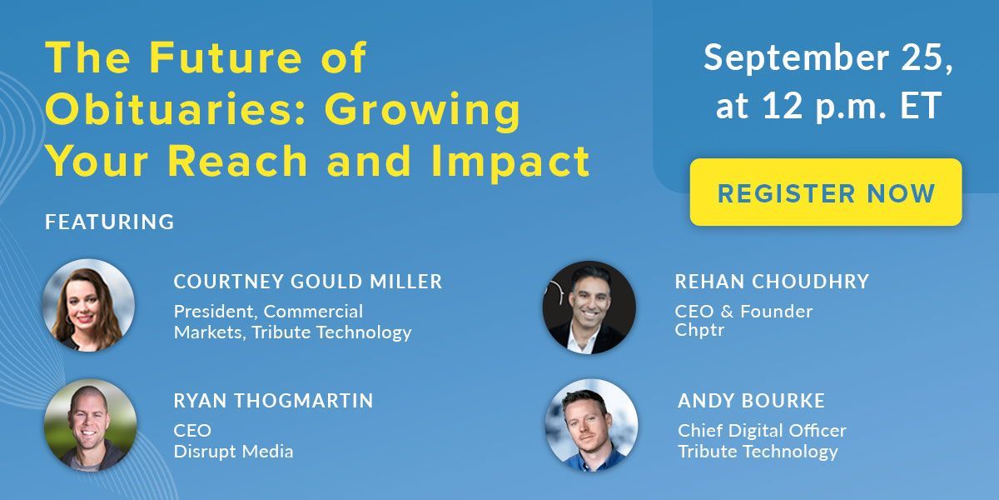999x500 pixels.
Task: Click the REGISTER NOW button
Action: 826,192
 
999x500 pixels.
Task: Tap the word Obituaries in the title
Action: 170,109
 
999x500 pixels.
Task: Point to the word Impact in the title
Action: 510,162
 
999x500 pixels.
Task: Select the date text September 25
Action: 828,58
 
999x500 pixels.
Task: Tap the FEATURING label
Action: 109,222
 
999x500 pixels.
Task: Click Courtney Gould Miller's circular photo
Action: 88,305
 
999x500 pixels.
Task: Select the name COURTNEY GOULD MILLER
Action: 308,282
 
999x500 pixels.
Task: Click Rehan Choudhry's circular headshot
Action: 589,307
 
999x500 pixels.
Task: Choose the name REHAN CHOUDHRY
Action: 772,282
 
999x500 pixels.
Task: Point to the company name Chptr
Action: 699,330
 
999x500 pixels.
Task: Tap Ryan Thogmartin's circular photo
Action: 90,425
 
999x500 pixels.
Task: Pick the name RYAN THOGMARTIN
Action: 273,401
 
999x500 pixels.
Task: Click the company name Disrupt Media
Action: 234,452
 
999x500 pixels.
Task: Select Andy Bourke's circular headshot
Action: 591,426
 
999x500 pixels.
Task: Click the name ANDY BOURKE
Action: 751,401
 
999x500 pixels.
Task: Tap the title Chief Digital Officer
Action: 762,431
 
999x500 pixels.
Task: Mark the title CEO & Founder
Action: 743,311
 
